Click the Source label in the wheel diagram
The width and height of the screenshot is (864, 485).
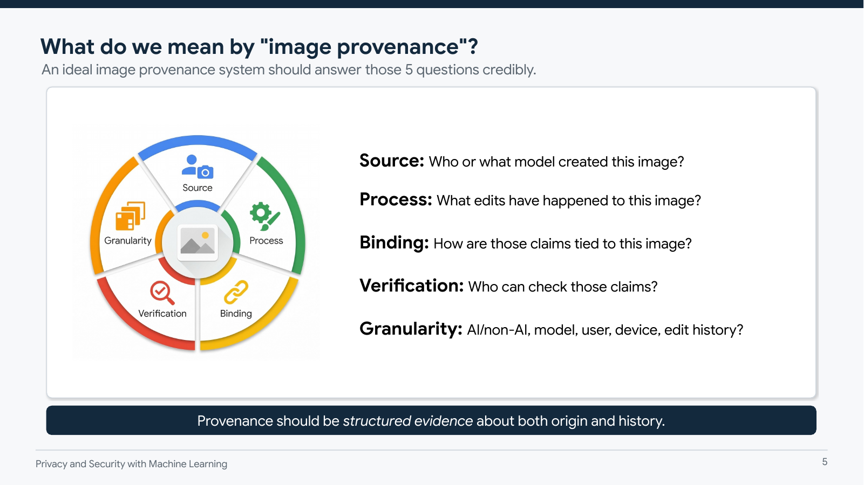point(198,188)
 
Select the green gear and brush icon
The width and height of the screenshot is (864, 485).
point(264,216)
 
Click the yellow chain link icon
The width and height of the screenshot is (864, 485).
point(236,292)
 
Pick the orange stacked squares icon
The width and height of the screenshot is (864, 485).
point(130,216)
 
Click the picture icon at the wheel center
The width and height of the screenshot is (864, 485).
point(198,242)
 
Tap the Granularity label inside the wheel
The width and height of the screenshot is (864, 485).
point(128,241)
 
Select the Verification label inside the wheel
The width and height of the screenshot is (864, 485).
point(162,314)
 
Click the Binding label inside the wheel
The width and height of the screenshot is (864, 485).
point(236,314)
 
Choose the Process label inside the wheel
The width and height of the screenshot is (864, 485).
point(266,241)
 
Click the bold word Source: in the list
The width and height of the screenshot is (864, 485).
point(392,161)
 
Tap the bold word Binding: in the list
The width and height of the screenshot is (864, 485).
point(394,243)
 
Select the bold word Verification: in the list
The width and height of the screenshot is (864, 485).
point(411,286)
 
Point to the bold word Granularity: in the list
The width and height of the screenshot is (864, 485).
point(411,329)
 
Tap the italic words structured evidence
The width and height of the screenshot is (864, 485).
point(407,421)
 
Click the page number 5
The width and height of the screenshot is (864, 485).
point(825,462)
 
